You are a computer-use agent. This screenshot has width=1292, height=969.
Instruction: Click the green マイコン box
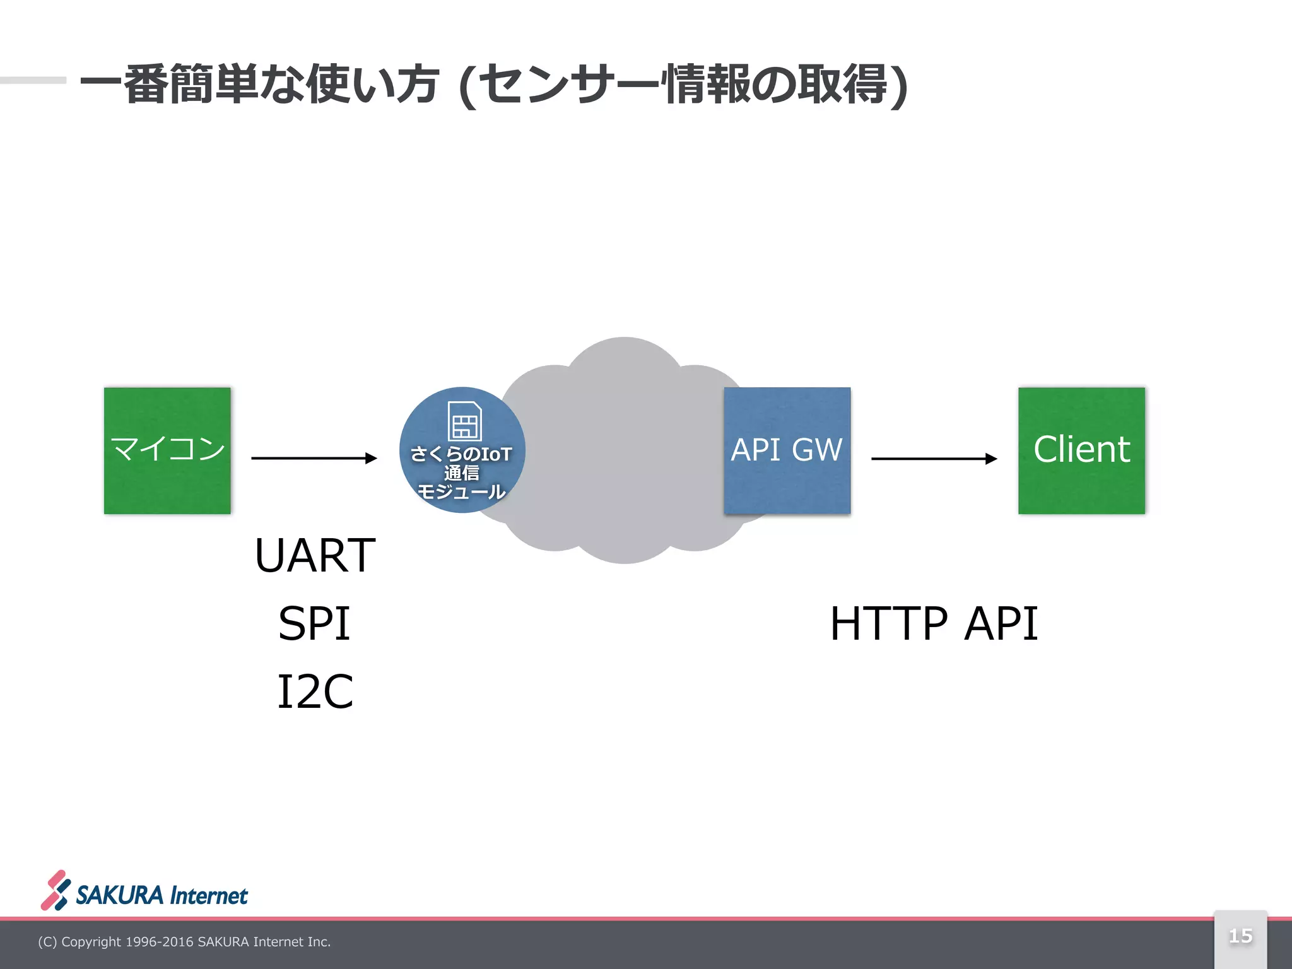(x=167, y=450)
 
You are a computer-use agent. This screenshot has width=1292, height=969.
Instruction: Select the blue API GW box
(x=787, y=450)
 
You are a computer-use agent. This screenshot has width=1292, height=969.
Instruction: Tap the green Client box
(x=1081, y=450)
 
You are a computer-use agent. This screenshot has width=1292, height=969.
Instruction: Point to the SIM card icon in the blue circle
(x=464, y=421)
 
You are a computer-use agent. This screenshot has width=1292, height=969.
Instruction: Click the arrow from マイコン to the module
(x=314, y=458)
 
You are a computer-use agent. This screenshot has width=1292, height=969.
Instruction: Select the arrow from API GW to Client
(x=934, y=459)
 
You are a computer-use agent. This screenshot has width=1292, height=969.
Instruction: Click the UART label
(x=315, y=555)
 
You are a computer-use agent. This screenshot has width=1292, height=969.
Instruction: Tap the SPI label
(x=314, y=624)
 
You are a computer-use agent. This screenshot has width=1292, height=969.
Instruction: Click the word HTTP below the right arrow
(x=888, y=624)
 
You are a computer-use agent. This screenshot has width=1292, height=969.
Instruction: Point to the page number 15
(x=1240, y=936)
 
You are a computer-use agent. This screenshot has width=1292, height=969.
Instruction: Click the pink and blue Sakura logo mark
(x=56, y=890)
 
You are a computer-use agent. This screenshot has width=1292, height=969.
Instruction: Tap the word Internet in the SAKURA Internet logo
(x=209, y=896)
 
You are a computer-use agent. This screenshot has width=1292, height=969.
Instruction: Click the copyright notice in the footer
(x=184, y=942)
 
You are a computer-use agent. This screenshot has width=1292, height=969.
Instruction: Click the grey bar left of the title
(x=33, y=80)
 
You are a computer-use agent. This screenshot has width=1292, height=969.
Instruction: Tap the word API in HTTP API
(x=1001, y=624)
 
